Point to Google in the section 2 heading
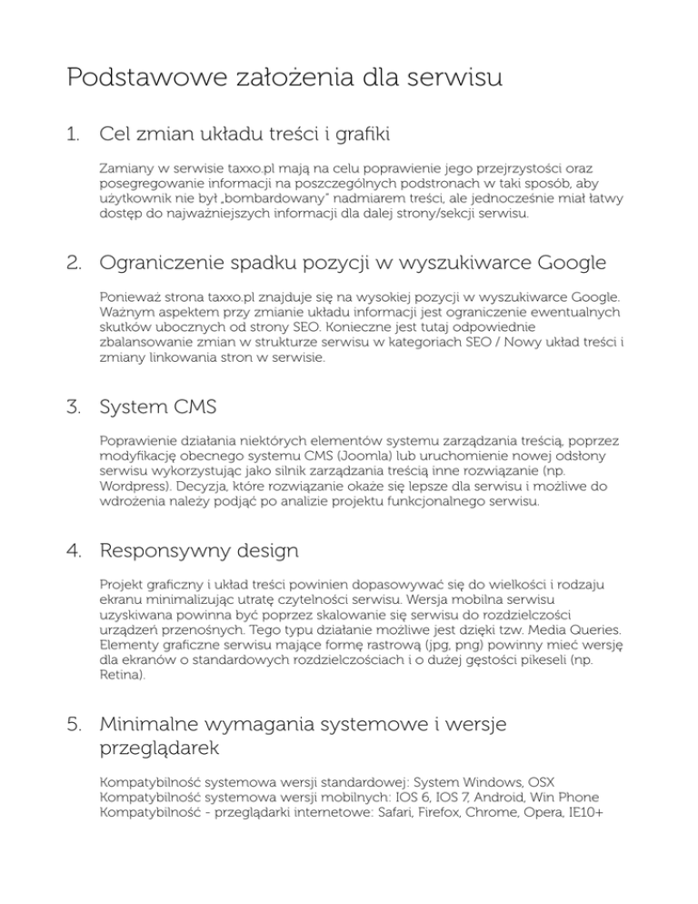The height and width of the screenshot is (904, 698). click(561, 265)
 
